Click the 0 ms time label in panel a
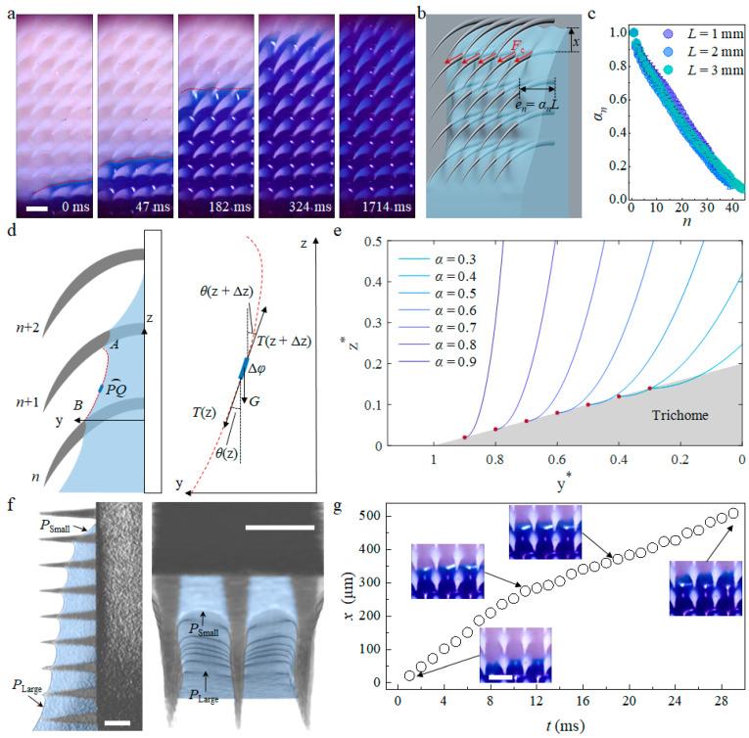[x=70, y=207]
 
